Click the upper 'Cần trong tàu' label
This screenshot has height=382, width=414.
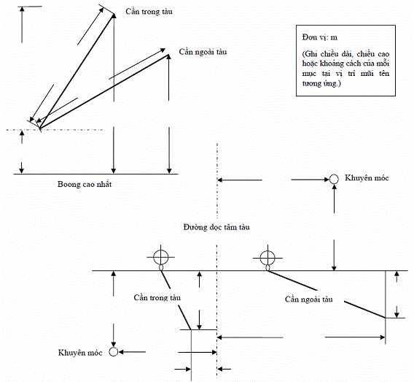[x=149, y=12]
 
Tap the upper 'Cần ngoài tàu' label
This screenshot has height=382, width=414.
[x=203, y=52]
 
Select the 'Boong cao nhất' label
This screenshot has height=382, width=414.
[x=85, y=184]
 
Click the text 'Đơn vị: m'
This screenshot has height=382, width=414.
[x=320, y=37]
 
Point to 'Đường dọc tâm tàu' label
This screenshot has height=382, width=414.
[x=216, y=227]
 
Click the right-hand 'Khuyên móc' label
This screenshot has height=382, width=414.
[x=367, y=178]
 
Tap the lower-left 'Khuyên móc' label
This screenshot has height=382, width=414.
[x=80, y=353]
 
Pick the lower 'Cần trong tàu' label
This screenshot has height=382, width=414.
[x=157, y=298]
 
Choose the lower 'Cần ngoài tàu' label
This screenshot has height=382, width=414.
[x=308, y=299]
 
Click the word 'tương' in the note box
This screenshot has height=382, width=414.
[x=311, y=83]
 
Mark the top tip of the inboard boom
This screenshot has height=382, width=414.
[x=114, y=14]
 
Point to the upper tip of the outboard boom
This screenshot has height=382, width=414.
[x=168, y=55]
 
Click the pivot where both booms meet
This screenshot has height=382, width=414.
[x=40, y=129]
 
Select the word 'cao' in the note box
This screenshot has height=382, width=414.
[x=383, y=54]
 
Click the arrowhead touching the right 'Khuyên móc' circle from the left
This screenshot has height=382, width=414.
[x=327, y=180]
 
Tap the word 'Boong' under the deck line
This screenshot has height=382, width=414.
[x=67, y=185]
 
